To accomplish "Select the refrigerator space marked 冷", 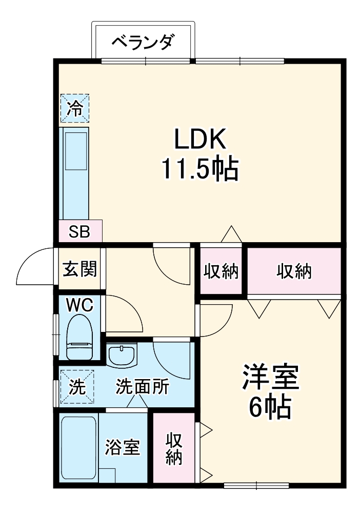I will tap(75, 108).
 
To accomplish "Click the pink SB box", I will tap(80, 232).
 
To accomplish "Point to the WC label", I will tap(80, 306).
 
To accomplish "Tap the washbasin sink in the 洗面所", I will tap(122, 354).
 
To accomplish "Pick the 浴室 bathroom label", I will tap(122, 447).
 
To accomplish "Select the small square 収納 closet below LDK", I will tap(222, 271).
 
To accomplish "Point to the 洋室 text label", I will tap(270, 379).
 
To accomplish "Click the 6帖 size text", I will tap(270, 408).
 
